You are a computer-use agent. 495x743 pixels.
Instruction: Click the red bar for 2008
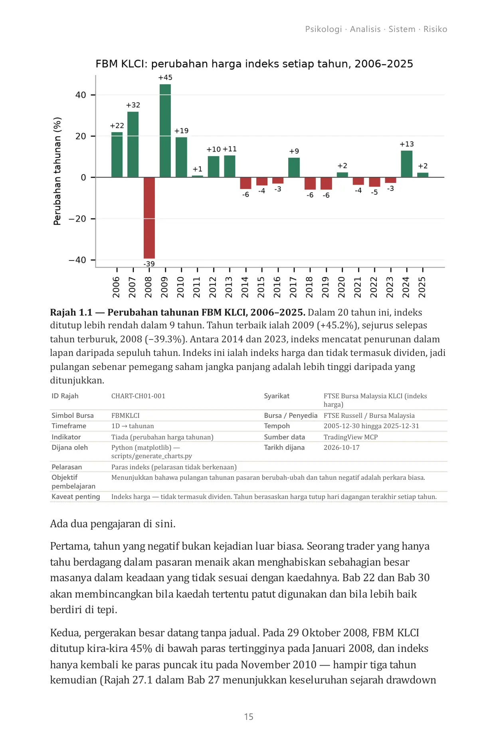[x=149, y=218]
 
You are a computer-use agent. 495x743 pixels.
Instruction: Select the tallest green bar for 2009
[x=165, y=131]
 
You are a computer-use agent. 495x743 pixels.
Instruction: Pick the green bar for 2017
[x=294, y=167]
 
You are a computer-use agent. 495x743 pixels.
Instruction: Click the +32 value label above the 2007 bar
[x=133, y=105]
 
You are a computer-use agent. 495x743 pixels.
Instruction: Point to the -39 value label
[x=149, y=264]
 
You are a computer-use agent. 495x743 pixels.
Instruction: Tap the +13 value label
[x=407, y=144]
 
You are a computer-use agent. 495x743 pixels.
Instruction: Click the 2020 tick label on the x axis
[x=342, y=287]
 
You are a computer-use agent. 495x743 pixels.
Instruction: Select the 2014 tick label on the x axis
[x=245, y=287]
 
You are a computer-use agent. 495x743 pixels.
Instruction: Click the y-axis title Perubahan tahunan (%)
[x=57, y=171]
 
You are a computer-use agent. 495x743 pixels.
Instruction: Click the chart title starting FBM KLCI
[x=254, y=64]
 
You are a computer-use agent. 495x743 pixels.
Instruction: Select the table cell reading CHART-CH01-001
[x=138, y=396]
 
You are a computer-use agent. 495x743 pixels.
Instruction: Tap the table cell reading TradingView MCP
[x=350, y=437]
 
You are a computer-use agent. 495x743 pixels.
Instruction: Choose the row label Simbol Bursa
[x=73, y=415]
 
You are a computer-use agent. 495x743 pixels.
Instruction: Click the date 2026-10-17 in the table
[x=342, y=447]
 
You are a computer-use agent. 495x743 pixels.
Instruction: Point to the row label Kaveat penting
[x=76, y=497]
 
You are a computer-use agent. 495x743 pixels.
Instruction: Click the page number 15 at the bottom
[x=249, y=717]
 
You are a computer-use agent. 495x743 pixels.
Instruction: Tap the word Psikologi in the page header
[x=324, y=29]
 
